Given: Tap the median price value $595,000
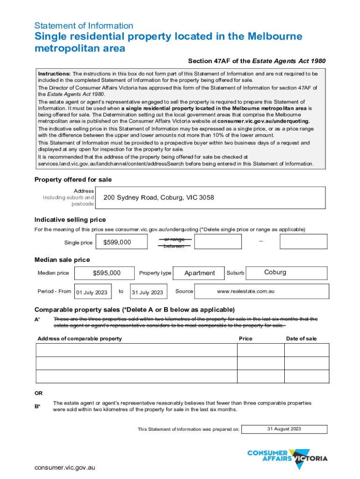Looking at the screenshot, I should [x=107, y=273].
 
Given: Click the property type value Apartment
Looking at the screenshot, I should [x=200, y=273].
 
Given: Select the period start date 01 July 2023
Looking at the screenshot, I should [x=92, y=292].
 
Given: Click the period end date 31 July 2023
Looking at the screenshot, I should [x=147, y=292].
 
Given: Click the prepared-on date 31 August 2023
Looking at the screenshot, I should [x=284, y=429].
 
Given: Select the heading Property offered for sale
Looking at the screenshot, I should [x=73, y=180].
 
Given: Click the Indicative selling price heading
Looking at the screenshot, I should [x=70, y=219].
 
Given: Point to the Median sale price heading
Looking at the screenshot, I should [x=62, y=260].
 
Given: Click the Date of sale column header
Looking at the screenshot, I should [x=301, y=339].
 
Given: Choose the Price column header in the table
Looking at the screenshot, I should [x=245, y=339].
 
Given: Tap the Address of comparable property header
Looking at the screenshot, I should [x=79, y=339].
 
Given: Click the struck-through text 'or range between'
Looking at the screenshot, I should [x=174, y=242].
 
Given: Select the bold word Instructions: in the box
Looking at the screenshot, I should [x=54, y=74].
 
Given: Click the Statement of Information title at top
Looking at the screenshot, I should [x=84, y=26].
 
